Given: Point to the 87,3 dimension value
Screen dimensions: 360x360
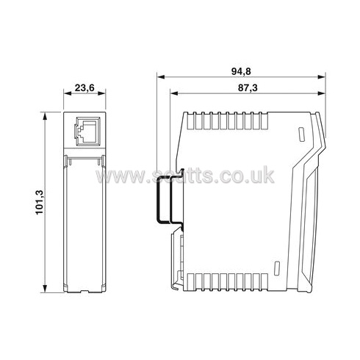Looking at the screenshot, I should [x=248, y=87].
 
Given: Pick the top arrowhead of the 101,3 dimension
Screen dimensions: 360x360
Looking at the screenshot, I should [x=47, y=115].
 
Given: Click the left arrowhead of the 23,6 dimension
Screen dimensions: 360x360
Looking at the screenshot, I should [x=68, y=95].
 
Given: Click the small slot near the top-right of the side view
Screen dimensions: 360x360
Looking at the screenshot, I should [x=300, y=134].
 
